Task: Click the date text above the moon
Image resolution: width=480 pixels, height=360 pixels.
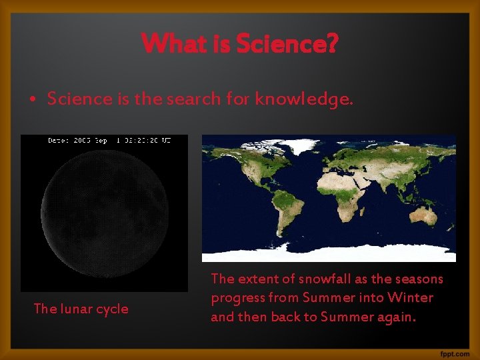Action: (x=109, y=140)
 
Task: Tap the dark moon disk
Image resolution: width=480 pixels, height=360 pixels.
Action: (x=104, y=211)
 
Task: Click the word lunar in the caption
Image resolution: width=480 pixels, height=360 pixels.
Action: (x=77, y=309)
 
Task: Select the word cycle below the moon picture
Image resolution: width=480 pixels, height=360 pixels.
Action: (x=113, y=309)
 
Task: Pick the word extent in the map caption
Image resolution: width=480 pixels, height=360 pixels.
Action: (x=254, y=279)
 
